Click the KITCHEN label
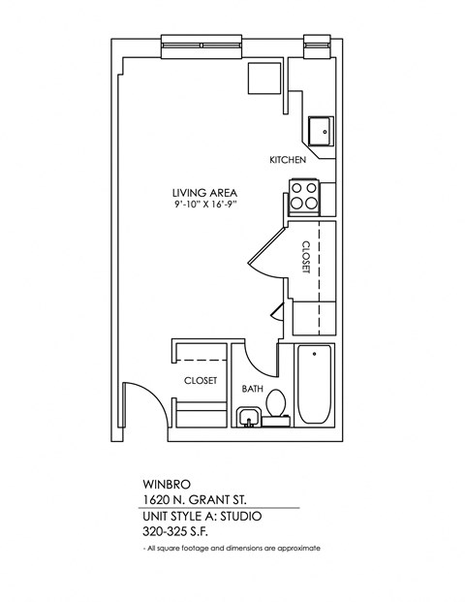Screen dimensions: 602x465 (288, 159)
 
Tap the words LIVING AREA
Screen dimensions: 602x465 (200, 191)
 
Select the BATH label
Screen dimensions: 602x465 (252, 390)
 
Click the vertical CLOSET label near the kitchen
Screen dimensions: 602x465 (306, 257)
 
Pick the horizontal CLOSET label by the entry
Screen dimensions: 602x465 (201, 381)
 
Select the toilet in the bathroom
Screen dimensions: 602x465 (277, 405)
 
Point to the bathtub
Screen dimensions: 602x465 (315, 385)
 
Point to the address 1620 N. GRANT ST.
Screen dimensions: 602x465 (201, 498)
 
